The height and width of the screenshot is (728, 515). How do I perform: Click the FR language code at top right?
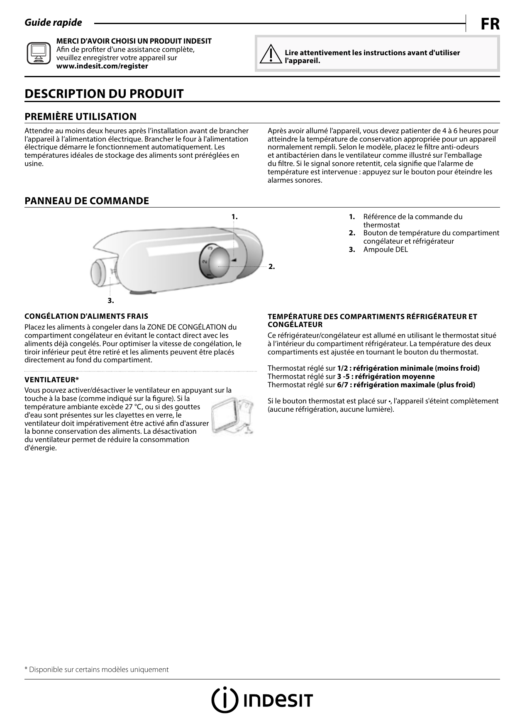pyautogui.click(x=490, y=24)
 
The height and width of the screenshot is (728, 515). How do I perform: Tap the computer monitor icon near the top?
pyautogui.click(x=39, y=53)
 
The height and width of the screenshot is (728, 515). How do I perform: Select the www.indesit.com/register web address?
pyautogui.click(x=102, y=66)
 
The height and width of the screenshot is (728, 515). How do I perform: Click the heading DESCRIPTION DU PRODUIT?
pyautogui.click(x=104, y=94)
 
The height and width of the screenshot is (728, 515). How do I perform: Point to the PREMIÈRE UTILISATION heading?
pyautogui.click(x=81, y=117)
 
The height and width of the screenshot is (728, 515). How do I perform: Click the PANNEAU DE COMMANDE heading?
pyautogui.click(x=87, y=201)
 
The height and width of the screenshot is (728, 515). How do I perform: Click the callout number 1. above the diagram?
pyautogui.click(x=234, y=217)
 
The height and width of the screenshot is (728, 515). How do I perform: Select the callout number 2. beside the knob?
pyautogui.click(x=271, y=266)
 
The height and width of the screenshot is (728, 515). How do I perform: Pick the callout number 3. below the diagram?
pyautogui.click(x=111, y=300)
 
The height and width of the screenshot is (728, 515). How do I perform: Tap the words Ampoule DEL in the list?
pyautogui.click(x=386, y=249)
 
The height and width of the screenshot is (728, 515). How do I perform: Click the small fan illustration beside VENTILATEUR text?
pyautogui.click(x=233, y=416)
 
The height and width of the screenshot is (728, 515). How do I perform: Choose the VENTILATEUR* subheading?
pyautogui.click(x=52, y=380)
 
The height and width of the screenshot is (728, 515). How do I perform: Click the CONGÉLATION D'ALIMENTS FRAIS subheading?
pyautogui.click(x=86, y=316)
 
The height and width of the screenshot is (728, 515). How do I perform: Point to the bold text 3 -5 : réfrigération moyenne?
pyautogui.click(x=386, y=376)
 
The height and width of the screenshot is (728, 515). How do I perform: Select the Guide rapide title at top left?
pyautogui.click(x=54, y=23)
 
